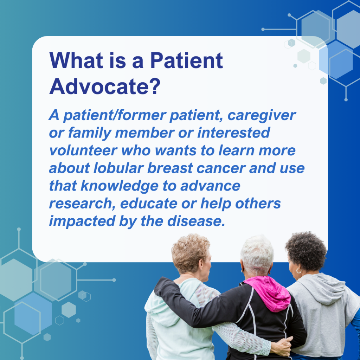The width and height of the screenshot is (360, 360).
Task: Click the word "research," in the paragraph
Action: click(x=79, y=204)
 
